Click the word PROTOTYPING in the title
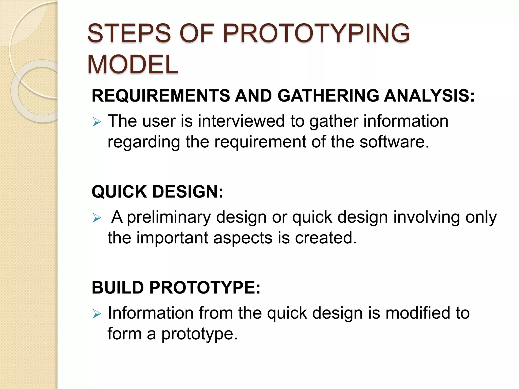[x=316, y=33]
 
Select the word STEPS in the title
[x=129, y=33]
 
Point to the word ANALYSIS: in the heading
[x=429, y=96]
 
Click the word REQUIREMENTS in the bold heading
[x=161, y=96]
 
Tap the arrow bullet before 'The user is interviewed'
[x=97, y=122]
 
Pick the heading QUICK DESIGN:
[x=157, y=192]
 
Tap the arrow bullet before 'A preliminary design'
[x=97, y=218]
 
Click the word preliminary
[x=169, y=217]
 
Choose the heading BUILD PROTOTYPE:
[x=176, y=288]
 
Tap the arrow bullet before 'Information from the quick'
[x=97, y=314]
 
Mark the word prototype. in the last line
[x=199, y=334]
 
